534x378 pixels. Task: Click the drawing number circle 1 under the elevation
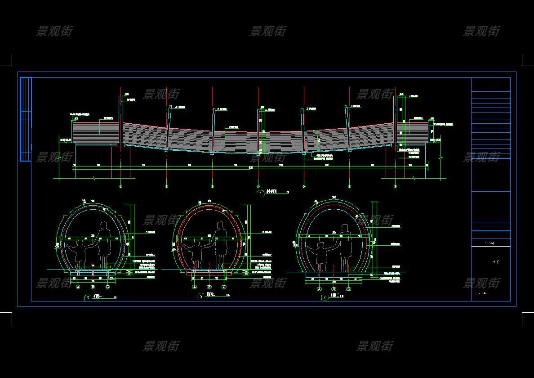pyautogui.click(x=262, y=193)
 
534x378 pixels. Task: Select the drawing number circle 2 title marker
pyautogui.click(x=88, y=298)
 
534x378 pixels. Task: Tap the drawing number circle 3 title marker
pyautogui.click(x=200, y=297)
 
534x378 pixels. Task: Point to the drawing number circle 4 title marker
pyautogui.click(x=325, y=297)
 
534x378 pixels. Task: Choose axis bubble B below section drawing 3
pyautogui.click(x=209, y=287)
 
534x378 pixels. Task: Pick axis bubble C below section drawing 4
pyautogui.click(x=348, y=289)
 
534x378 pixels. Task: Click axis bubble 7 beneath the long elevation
pyautogui.click(x=396, y=186)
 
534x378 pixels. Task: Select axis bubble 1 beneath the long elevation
pyautogui.click(x=121, y=186)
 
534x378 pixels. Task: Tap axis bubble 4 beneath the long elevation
pyautogui.click(x=258, y=186)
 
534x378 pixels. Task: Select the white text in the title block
pyautogui.click(x=491, y=243)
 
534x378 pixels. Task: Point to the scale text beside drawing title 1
pyautogui.click(x=288, y=193)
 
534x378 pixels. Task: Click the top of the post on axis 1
pyautogui.click(x=121, y=97)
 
